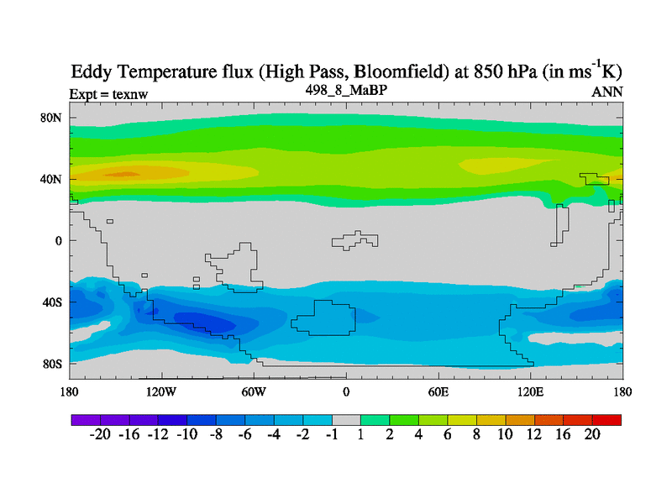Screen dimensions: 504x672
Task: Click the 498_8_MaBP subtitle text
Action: [345, 90]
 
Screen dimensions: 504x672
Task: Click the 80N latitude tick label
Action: [52, 118]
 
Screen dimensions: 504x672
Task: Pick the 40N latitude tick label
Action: [52, 179]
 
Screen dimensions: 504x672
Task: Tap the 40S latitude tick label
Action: [52, 302]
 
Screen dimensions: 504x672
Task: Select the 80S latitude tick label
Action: [52, 364]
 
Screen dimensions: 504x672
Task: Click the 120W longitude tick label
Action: [160, 391]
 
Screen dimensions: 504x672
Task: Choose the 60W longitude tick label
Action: [254, 391]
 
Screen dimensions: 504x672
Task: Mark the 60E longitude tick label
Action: [438, 391]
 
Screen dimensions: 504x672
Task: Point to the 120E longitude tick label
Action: [531, 391]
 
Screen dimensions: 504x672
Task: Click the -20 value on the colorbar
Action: [101, 435]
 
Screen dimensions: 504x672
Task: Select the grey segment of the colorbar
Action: [346, 419]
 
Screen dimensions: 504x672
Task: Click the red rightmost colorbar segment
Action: [606, 419]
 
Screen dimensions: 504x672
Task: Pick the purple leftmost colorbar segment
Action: [86, 419]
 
